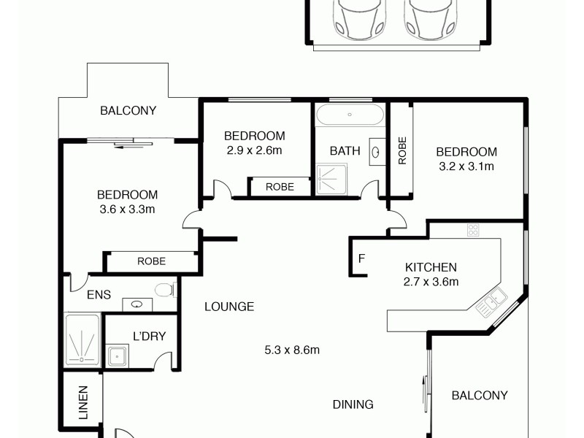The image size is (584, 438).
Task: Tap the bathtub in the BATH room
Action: point(350,115)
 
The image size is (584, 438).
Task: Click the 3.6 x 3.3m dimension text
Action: point(128,209)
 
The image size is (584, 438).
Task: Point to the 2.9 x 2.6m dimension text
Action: point(254,150)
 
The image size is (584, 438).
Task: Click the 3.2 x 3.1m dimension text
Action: point(466,166)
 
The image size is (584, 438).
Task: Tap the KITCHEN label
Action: point(430,267)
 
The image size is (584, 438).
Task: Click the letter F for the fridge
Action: point(361,259)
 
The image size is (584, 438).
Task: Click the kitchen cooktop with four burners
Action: point(473,230)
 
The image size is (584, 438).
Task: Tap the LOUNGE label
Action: point(229,307)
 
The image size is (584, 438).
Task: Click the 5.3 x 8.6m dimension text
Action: point(292,350)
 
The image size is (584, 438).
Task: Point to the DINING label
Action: point(353,404)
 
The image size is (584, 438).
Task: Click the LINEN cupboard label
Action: point(82,402)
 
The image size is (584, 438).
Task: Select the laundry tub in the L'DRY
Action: point(117,356)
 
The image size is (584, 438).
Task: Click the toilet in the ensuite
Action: point(164,290)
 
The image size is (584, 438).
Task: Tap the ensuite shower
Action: point(82,339)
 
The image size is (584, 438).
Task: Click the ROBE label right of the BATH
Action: point(401,150)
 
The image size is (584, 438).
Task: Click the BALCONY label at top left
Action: point(128,111)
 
